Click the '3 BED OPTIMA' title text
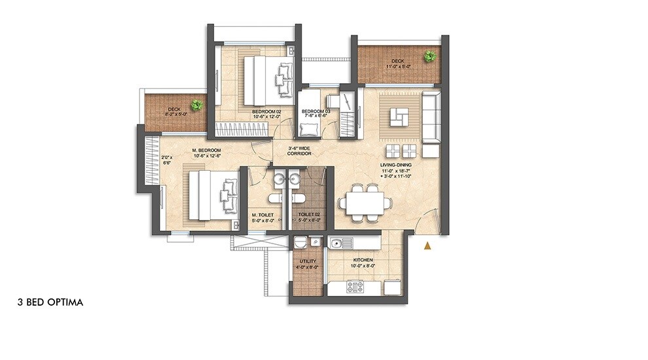(x=50, y=303)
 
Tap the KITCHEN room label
(x=361, y=261)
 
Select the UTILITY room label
(x=307, y=261)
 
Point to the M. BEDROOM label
(x=206, y=151)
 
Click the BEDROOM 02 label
(x=266, y=112)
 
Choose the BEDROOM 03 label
(x=316, y=112)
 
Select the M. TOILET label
(x=262, y=215)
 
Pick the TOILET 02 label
(x=308, y=215)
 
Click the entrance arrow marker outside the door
(x=428, y=245)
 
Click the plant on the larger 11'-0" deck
(x=429, y=56)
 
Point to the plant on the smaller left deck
(x=196, y=105)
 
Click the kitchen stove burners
(x=355, y=286)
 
